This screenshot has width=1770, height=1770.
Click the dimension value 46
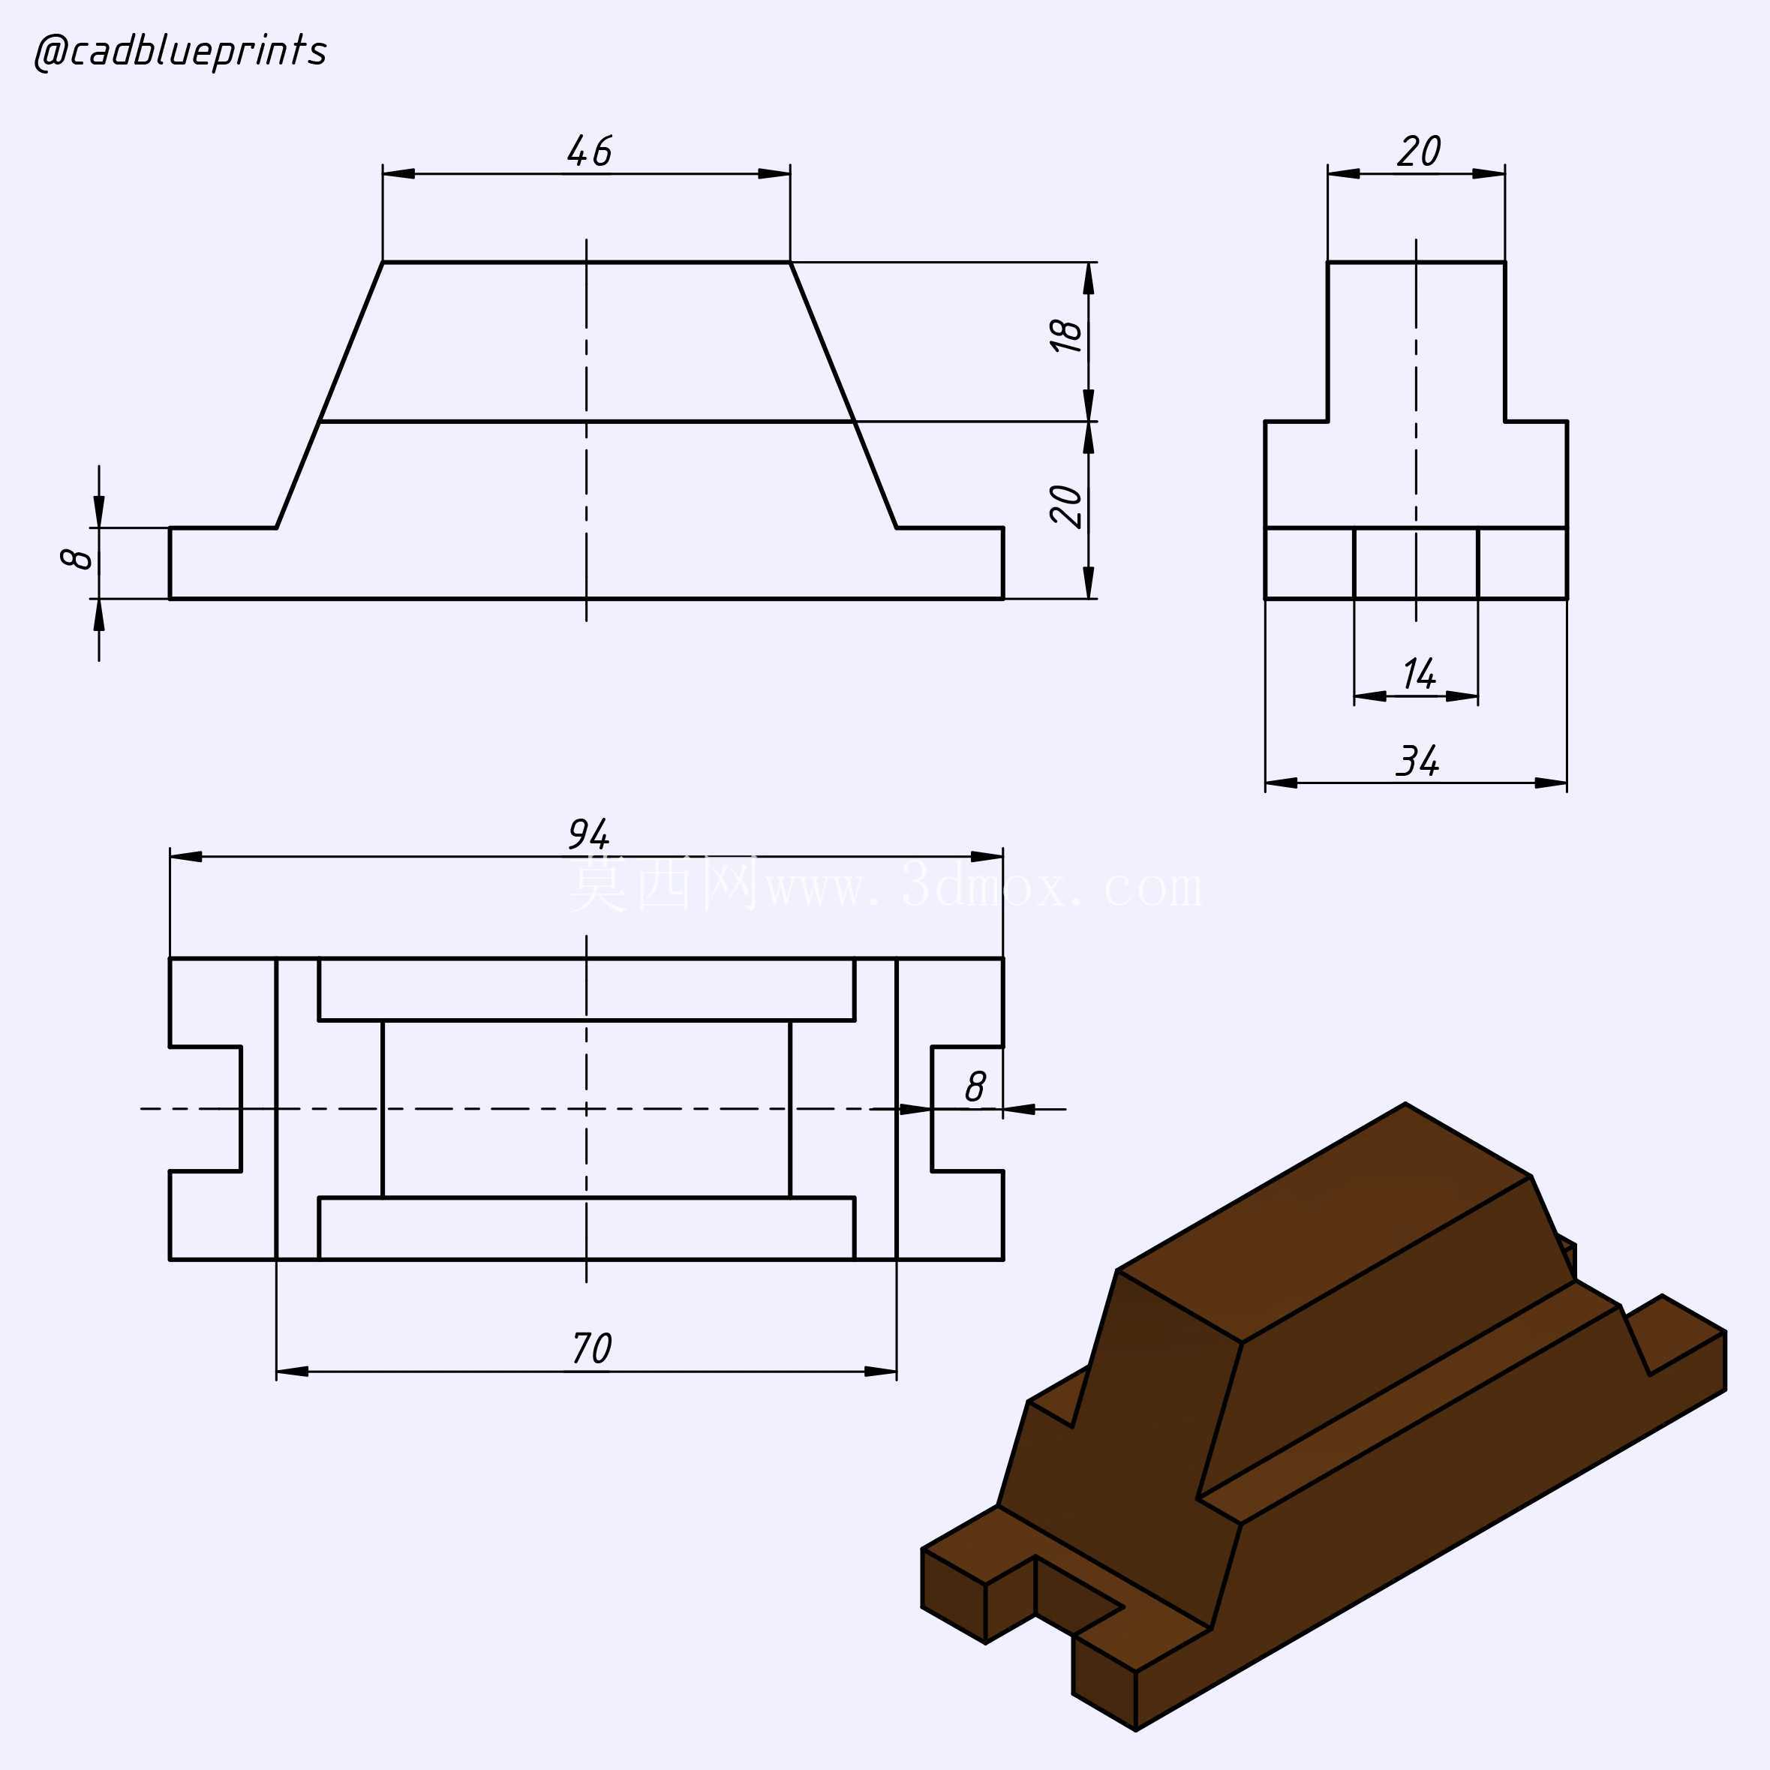click(x=588, y=151)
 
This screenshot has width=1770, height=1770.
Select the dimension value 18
click(x=1066, y=336)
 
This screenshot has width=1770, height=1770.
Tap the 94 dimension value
click(x=588, y=834)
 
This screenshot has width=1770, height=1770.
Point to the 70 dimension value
click(x=591, y=1348)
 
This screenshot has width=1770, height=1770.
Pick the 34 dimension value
click(x=1417, y=760)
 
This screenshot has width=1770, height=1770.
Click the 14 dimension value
click(x=1418, y=675)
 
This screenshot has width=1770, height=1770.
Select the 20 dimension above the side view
click(x=1418, y=151)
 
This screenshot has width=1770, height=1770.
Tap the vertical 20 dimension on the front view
click(x=1066, y=506)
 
